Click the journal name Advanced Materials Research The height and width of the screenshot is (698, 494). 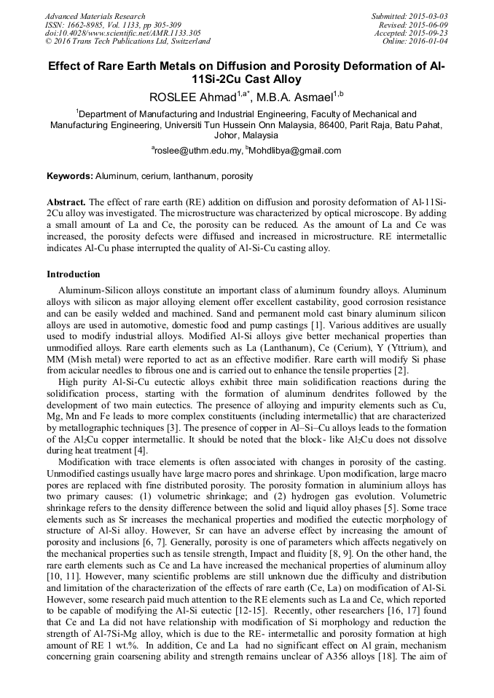[95, 16]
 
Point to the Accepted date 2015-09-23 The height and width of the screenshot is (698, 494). [431, 33]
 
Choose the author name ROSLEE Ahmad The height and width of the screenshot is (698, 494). [192, 98]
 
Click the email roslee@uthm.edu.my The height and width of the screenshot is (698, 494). [198, 151]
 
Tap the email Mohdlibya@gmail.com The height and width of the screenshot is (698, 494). [296, 151]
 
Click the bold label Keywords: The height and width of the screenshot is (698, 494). [70, 176]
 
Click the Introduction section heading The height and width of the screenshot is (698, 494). [74, 274]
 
